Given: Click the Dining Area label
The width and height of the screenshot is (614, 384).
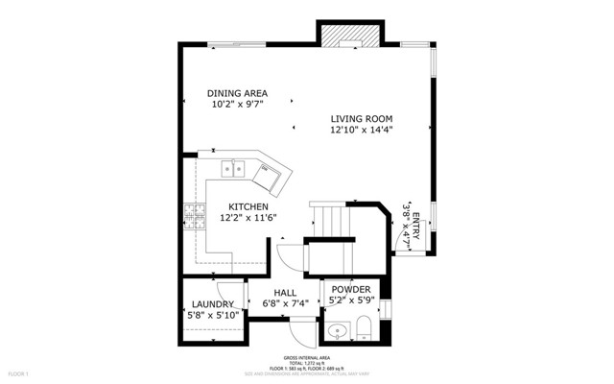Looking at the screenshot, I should [237, 93].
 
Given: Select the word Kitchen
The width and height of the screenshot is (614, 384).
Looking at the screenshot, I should [247, 206].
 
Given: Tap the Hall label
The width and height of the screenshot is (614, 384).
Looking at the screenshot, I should [285, 293].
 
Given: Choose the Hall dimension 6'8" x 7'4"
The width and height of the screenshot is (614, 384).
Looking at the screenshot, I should [285, 304].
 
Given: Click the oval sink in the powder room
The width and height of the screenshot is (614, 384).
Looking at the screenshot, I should [337, 333].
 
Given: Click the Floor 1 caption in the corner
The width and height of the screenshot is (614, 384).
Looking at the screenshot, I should [20, 372].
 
